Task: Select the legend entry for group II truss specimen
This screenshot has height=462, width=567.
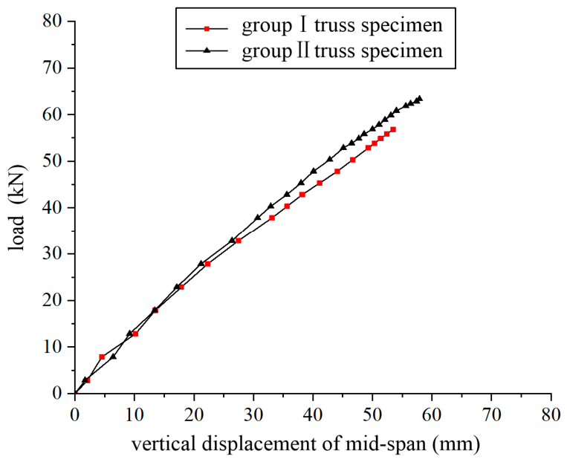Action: pos(314,51)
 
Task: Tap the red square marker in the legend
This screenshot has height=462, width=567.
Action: pos(207,28)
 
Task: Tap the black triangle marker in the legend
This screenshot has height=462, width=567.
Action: pos(207,51)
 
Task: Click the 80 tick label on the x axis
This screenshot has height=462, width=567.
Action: pos(551,415)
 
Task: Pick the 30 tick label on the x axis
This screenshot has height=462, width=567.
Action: pos(253,415)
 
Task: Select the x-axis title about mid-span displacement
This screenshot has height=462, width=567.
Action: pos(305,444)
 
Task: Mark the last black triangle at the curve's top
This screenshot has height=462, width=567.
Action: pos(419,98)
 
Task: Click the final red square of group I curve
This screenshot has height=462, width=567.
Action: pos(393,129)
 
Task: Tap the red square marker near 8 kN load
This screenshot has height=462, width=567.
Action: pos(102,357)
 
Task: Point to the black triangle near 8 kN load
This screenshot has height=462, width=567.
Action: pos(113,357)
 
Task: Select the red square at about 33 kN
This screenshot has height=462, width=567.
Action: pos(239,241)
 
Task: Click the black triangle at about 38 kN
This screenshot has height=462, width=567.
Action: pos(258,218)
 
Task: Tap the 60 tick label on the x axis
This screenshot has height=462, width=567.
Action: pos(432,415)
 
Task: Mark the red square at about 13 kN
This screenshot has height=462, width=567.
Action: pos(135,334)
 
